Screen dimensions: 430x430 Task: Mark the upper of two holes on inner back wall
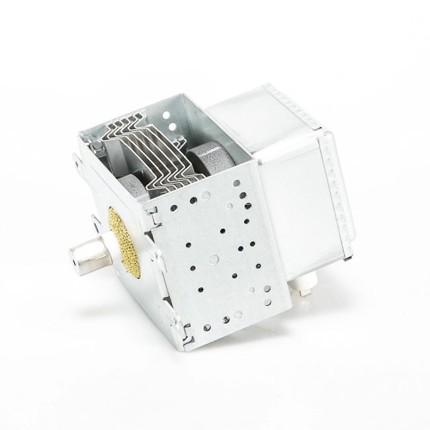coord(174,115)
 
